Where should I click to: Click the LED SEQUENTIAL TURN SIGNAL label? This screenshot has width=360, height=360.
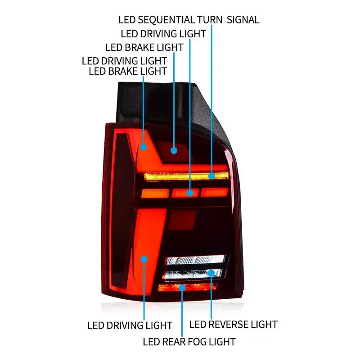189,20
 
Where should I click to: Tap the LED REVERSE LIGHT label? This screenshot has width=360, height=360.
233,324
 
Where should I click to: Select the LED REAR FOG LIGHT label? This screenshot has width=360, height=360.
189,342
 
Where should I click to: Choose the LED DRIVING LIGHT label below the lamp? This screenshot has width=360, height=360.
130,325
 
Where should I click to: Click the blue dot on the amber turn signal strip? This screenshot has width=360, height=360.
211,177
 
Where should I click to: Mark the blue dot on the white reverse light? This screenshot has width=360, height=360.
211,273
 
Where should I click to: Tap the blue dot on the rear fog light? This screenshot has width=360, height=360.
182,287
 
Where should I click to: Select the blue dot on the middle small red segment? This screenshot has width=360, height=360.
190,193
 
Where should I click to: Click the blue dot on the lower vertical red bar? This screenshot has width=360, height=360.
144,259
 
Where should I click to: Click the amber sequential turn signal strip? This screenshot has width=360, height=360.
180,176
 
